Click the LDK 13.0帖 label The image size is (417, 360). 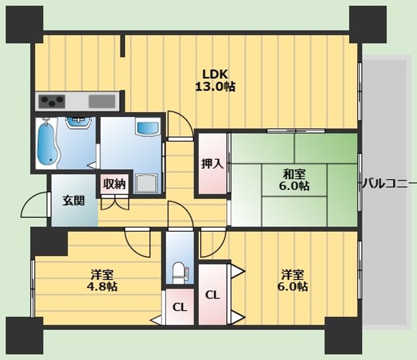tap(215, 81)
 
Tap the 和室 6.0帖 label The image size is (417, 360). tap(294, 180)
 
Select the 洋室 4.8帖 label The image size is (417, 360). tap(102, 280)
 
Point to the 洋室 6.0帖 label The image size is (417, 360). tap(293, 280)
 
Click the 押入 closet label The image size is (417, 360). tap(212, 163)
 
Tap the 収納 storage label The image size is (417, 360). tap(114, 184)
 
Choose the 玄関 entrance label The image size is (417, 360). tap(74, 201)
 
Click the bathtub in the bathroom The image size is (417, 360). tap(47, 144)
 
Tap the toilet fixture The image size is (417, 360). tap(180, 272)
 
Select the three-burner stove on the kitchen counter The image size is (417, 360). tap(52, 101)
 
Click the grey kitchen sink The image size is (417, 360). tap(102, 101)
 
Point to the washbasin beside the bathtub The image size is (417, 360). tap(79, 123)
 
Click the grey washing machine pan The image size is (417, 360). tap(147, 183)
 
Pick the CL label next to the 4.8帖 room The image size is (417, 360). tap(180, 307)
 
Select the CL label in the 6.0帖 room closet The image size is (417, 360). tap(213, 295)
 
